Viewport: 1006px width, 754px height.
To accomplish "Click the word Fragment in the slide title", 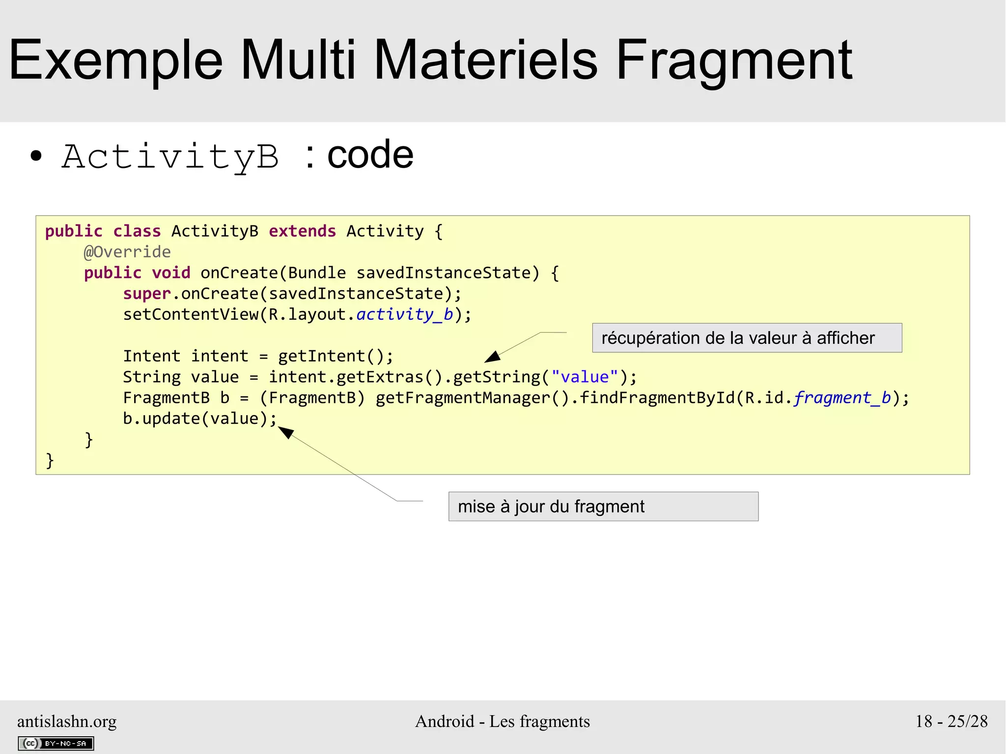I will [734, 61].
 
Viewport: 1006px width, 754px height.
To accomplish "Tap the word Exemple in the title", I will [116, 61].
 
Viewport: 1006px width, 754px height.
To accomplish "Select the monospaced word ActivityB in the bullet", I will [170, 157].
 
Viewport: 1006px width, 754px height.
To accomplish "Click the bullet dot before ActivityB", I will [36, 156].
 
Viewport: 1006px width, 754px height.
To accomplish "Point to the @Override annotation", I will [127, 252].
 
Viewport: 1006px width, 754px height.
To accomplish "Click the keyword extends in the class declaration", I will [302, 231].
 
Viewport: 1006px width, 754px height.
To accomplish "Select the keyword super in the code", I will [146, 294].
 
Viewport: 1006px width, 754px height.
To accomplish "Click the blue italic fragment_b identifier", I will [842, 398].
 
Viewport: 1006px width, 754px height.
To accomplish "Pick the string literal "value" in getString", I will [585, 377].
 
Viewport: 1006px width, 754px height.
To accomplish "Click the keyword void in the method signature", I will [170, 273].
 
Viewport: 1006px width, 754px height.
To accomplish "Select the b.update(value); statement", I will [199, 419].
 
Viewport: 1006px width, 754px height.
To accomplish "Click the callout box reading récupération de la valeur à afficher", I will [747, 338].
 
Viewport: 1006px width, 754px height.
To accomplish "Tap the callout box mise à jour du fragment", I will [603, 506].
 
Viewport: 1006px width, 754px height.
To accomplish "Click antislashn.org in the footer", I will [67, 721].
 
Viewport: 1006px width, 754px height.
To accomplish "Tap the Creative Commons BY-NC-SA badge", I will [56, 743].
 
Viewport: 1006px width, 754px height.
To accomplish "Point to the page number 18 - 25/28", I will [951, 721].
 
